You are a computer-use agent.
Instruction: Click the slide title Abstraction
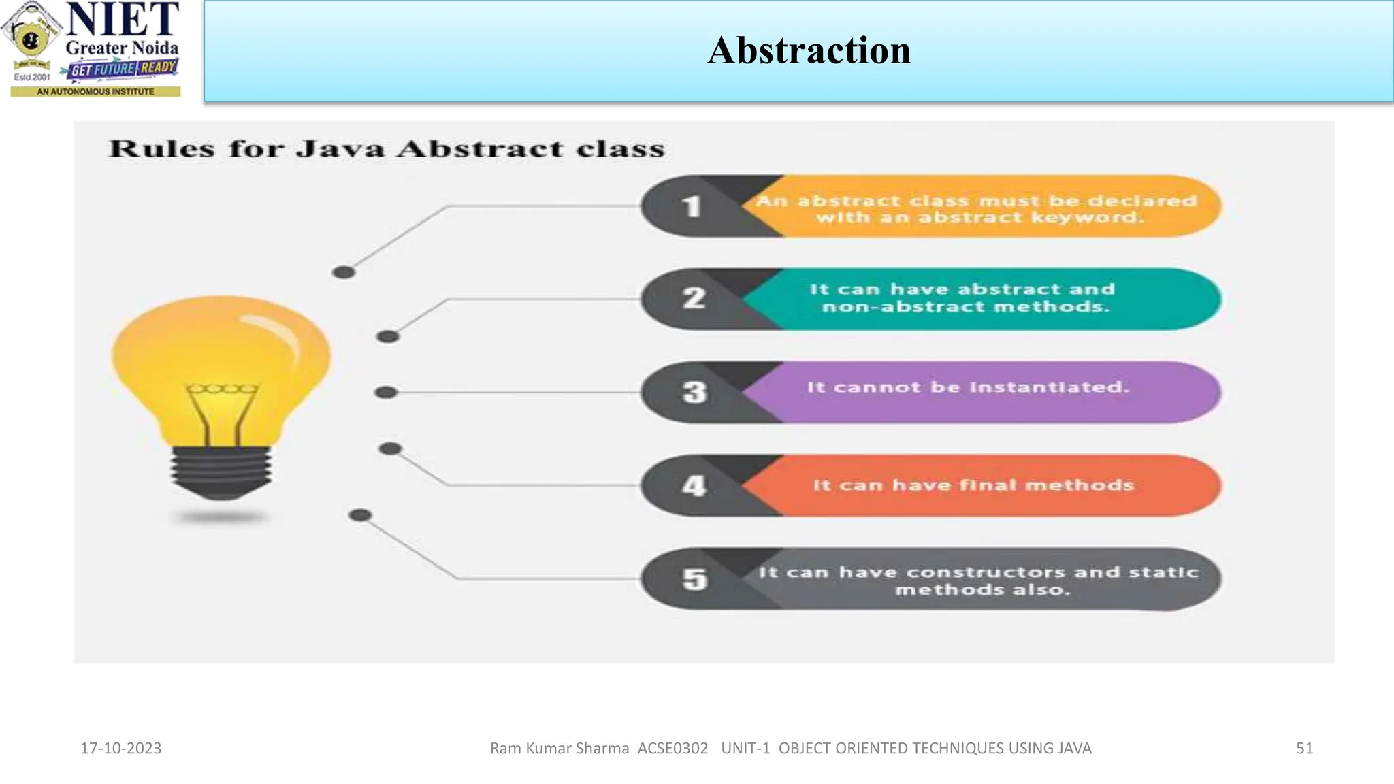[x=809, y=50]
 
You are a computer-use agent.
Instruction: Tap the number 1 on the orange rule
[x=692, y=206]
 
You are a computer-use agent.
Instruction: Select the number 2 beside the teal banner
[x=694, y=298]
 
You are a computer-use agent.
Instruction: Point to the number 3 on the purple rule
[x=694, y=392]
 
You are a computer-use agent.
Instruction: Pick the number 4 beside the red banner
[x=694, y=485]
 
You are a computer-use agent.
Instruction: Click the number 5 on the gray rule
[x=694, y=579]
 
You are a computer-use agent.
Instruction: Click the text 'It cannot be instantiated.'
[x=968, y=387]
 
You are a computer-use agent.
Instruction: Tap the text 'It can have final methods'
[x=973, y=485]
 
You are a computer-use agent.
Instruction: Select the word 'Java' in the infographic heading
[x=340, y=148]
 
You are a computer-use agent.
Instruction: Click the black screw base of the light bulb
[x=221, y=472]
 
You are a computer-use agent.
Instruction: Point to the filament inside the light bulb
[x=222, y=408]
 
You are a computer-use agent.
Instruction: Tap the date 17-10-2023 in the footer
[x=121, y=748]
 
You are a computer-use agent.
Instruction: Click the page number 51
[x=1304, y=748]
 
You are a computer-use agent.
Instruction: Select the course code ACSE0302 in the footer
[x=672, y=748]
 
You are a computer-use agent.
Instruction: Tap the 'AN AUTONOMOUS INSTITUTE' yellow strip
[x=95, y=91]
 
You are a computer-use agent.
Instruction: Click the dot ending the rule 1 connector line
[x=344, y=272]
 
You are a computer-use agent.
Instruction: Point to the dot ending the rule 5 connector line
[x=360, y=515]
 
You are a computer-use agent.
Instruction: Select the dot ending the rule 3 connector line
[x=386, y=392]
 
